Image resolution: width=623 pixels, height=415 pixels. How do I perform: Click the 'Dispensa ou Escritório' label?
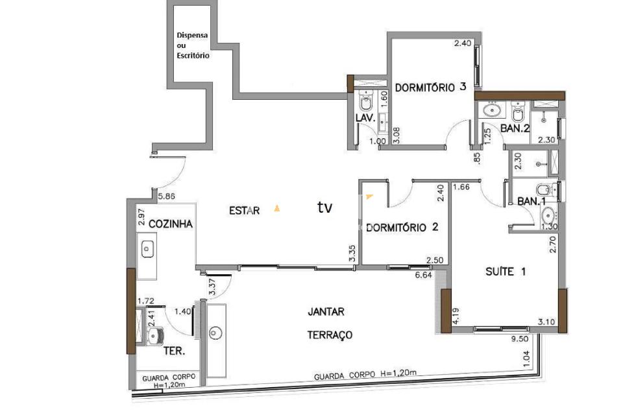coord(193,45)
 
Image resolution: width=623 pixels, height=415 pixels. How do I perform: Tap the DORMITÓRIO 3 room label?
coord(431,87)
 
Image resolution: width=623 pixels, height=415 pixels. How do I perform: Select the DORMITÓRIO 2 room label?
coord(402,227)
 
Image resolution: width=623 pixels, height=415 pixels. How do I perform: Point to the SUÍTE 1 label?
coord(506,272)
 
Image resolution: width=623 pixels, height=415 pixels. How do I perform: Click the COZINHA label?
coord(171,224)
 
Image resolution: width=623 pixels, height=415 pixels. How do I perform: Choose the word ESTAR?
coord(245,211)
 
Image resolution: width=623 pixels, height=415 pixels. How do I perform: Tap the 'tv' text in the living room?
coord(324,207)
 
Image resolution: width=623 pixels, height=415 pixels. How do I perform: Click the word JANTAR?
coord(326,312)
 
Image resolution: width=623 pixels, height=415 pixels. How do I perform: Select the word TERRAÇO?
coord(330,335)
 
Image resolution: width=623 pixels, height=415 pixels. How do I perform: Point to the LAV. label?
coord(365,118)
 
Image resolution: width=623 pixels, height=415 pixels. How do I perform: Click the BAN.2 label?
coord(515,128)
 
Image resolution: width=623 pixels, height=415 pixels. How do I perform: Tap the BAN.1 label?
coord(531,202)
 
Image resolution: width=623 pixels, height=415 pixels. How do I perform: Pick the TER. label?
coord(175,351)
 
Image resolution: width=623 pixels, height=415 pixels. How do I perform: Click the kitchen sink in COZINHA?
coord(147,250)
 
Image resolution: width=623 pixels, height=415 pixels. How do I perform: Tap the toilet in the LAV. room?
coord(365,102)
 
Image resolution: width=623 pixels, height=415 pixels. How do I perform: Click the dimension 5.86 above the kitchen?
coord(166,196)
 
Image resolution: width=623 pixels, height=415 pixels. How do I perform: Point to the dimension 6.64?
coord(424,274)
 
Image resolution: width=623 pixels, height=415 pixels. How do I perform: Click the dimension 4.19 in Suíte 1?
coord(456,316)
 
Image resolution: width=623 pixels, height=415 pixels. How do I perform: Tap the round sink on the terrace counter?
coord(215,333)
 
